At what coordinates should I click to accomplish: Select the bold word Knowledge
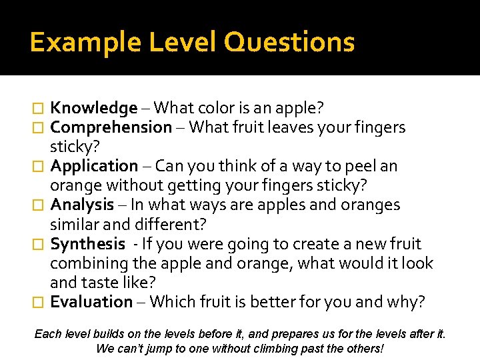tap(94, 108)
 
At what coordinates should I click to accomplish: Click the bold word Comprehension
tap(111, 127)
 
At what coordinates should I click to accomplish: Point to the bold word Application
tap(94, 166)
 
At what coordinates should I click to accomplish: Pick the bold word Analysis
tap(82, 205)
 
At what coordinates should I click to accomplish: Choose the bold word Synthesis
tap(87, 244)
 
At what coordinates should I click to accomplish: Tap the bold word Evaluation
tap(91, 302)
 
